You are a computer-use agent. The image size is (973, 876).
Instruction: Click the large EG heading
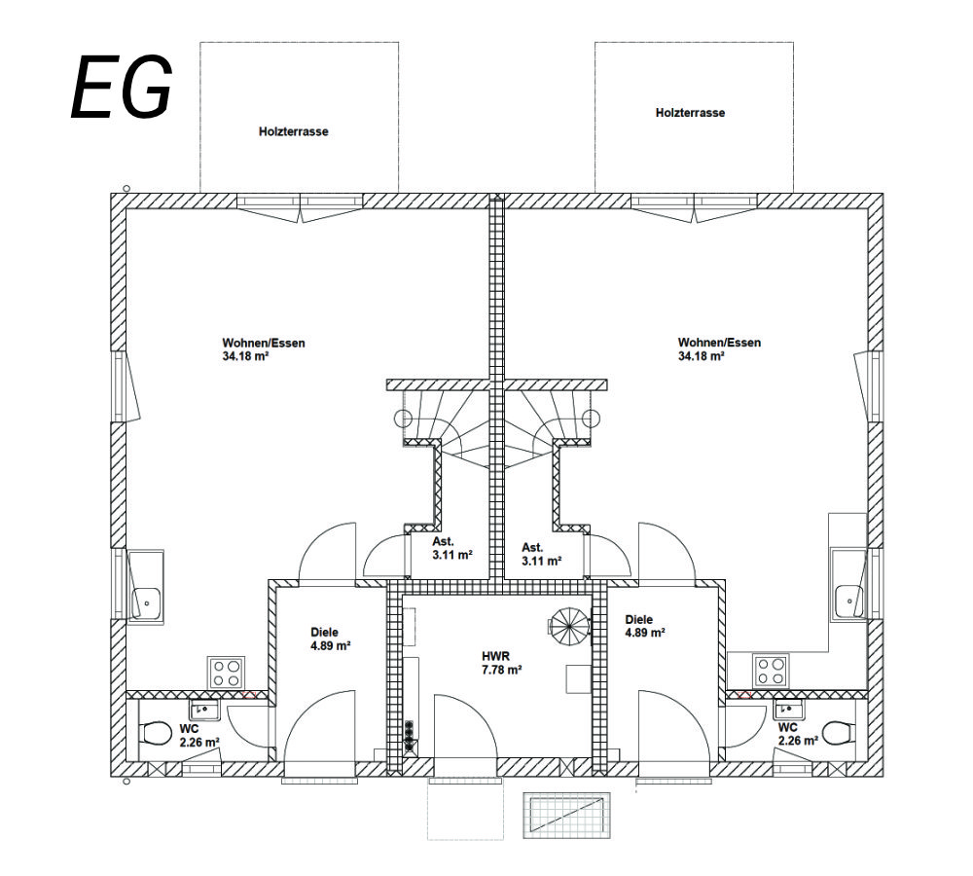coord(122,87)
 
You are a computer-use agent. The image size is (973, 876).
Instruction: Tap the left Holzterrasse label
coord(293,131)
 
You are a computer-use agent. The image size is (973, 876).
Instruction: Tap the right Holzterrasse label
coord(690,113)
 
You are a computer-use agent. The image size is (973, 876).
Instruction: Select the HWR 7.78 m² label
coord(502,663)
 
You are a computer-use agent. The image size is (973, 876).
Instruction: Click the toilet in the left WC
coord(152,733)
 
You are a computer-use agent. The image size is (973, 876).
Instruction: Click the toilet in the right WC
coord(836,731)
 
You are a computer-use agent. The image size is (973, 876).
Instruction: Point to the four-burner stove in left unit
coord(226,673)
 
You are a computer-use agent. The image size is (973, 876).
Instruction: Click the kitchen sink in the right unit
coord(848,602)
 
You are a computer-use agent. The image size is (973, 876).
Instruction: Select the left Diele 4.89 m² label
coord(331,639)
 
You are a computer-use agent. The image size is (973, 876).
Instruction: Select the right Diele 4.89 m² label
coord(645,626)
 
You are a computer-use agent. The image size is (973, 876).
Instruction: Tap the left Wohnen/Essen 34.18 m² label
coord(257,349)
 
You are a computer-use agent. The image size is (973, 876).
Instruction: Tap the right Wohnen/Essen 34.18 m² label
coord(719,349)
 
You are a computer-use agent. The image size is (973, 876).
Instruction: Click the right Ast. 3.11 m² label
coord(541,554)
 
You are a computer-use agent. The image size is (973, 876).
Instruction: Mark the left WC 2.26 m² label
coord(198,735)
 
